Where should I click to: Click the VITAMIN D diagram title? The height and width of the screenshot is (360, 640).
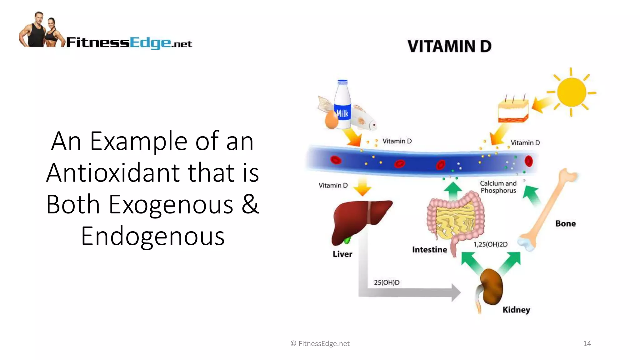(x=449, y=46)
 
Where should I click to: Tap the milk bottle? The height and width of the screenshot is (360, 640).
(x=342, y=105)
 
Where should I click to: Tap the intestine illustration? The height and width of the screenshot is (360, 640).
(x=455, y=219)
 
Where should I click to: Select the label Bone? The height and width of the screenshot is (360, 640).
(x=565, y=223)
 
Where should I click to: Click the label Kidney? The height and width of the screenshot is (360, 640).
(x=516, y=310)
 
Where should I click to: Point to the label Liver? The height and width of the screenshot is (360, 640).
(x=342, y=254)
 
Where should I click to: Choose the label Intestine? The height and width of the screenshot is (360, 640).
(x=429, y=250)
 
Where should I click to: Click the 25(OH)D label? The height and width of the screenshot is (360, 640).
(x=387, y=282)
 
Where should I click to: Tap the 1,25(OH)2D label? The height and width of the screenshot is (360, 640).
(x=490, y=244)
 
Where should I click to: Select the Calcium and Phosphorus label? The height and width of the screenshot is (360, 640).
(x=498, y=187)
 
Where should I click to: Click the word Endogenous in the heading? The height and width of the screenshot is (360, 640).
(x=153, y=236)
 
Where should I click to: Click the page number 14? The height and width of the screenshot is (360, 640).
(x=587, y=343)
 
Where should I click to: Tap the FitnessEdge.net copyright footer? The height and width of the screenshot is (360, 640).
(x=320, y=343)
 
